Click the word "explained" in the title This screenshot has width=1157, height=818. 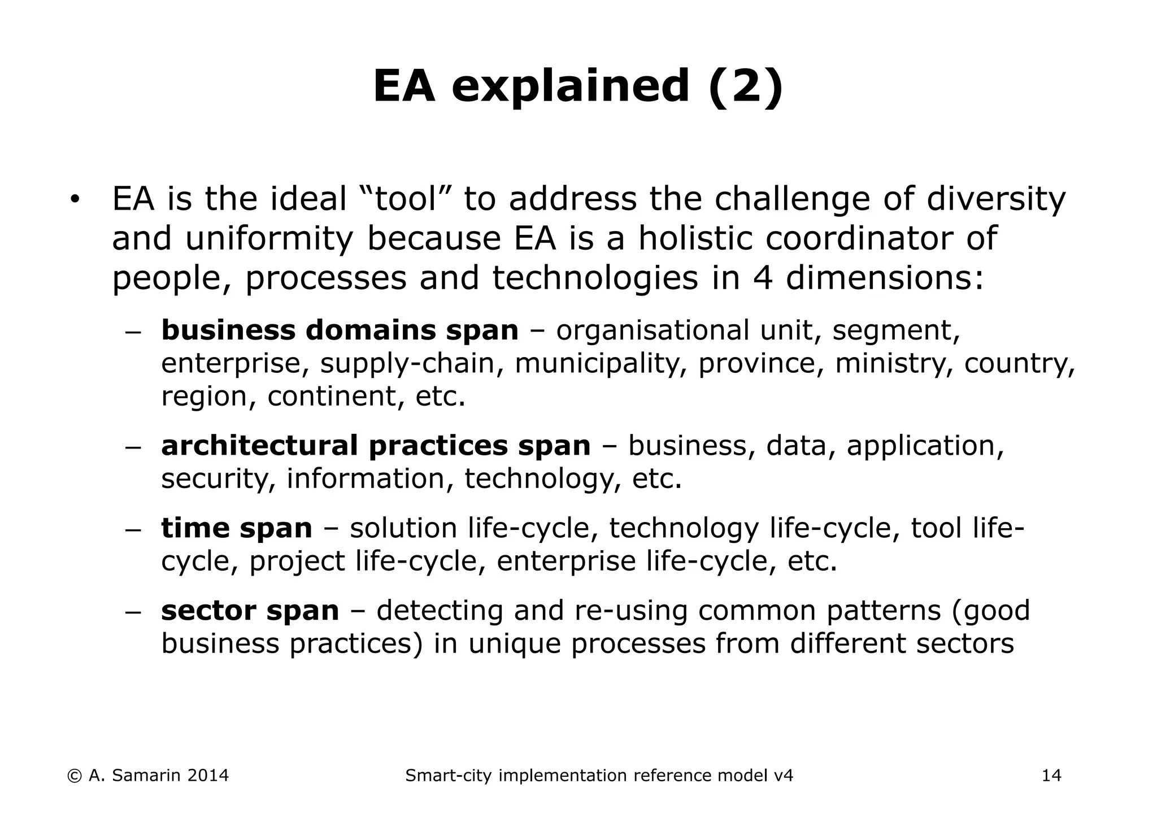(571, 88)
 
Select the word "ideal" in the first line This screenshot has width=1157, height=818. (308, 199)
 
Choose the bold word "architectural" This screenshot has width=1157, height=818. (259, 446)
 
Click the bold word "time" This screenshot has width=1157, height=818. (194, 528)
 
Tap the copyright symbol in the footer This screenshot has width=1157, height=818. (73, 776)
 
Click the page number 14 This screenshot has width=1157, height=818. (1051, 776)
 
